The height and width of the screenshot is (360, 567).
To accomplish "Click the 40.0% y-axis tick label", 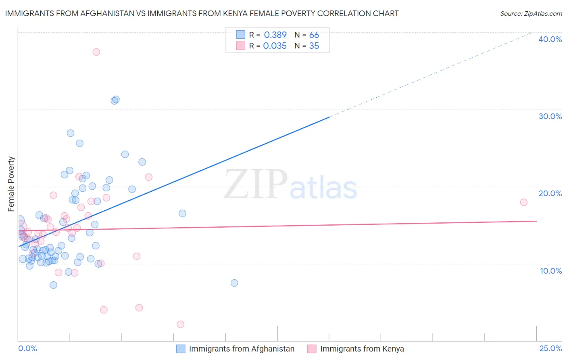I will coord(550,39).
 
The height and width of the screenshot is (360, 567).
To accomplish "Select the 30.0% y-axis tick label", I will coord(550,116).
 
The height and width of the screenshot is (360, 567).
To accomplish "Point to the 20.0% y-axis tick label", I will coord(550,193).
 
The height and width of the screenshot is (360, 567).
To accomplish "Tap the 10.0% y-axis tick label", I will coord(551,271).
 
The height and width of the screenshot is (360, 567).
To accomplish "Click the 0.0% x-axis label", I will coord(27,348).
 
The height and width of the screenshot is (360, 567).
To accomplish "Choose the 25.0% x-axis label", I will coord(550,348).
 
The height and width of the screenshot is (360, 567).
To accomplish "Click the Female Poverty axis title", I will coord(11,184).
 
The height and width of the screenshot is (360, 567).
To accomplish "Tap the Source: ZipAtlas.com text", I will coord(531,13).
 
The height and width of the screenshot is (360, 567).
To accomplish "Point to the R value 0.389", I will coord(275,35).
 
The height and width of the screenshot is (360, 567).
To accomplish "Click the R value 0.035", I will coord(275,46).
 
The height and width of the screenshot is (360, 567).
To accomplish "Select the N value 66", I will coord(314,35).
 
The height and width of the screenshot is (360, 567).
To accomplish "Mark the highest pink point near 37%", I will coord(96,52).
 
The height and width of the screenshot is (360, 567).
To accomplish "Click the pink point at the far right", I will coord(523,202).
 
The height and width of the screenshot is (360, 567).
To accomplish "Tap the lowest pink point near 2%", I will coord(180,324).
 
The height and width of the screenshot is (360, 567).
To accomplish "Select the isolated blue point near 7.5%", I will coord(234,283).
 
